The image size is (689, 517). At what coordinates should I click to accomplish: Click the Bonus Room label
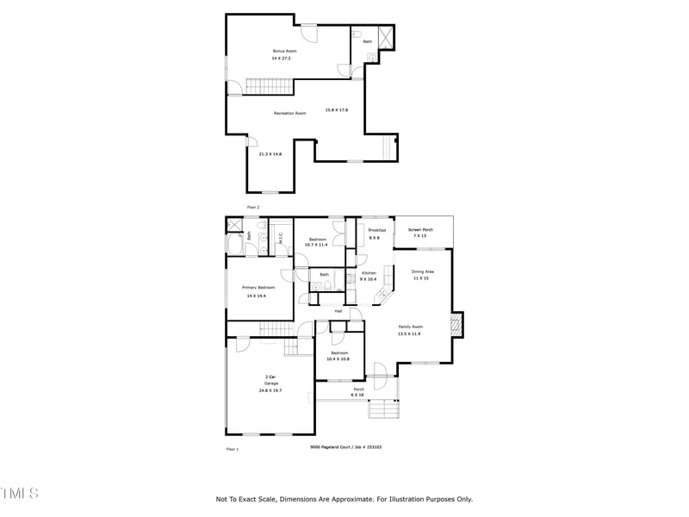[285, 51]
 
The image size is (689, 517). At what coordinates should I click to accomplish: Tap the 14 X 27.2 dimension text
[282, 59]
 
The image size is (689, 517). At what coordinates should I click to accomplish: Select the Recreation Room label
[290, 113]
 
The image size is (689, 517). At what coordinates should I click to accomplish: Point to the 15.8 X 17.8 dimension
[336, 109]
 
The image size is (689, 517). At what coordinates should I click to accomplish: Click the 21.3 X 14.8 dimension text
[270, 153]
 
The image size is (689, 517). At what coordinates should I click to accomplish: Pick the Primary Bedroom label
[258, 287]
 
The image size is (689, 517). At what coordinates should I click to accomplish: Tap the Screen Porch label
[420, 230]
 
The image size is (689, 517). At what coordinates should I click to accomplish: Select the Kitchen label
[369, 273]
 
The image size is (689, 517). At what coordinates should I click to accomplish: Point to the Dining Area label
[423, 271]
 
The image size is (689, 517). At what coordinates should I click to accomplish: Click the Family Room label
[410, 327]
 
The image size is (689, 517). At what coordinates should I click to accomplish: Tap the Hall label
[338, 310]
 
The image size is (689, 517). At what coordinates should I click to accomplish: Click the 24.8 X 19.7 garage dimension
[270, 390]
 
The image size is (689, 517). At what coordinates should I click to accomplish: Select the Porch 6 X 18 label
[358, 391]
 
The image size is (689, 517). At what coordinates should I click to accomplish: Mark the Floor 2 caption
[253, 207]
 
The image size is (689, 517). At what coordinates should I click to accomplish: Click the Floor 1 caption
[232, 449]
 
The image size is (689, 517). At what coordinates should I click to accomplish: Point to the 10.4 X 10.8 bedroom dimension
[339, 358]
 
